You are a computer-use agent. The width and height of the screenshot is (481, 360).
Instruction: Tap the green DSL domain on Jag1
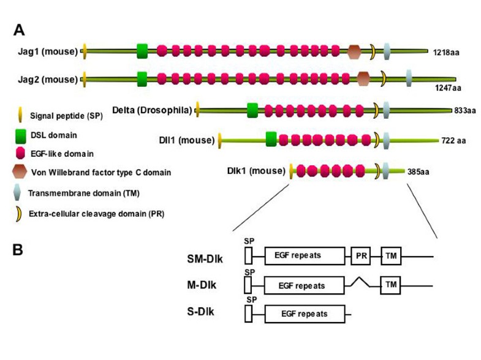point(143,51)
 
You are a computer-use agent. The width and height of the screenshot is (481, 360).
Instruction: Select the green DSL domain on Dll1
point(271,140)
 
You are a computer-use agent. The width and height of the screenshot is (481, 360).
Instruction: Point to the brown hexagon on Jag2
point(363,78)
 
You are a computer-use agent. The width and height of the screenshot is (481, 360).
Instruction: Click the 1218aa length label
point(445,53)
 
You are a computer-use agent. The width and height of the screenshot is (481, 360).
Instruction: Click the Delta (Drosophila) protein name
point(152,110)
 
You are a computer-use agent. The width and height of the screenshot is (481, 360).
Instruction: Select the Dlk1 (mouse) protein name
point(257,171)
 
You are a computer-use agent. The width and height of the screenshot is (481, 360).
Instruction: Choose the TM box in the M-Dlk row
point(390,285)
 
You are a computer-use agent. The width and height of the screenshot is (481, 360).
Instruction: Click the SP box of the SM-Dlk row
point(248,255)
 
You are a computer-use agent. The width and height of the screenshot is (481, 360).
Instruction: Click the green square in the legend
point(20,132)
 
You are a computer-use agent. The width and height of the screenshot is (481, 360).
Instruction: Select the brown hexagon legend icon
point(20,173)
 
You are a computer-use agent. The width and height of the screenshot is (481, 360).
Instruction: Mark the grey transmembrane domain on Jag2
point(409,78)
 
